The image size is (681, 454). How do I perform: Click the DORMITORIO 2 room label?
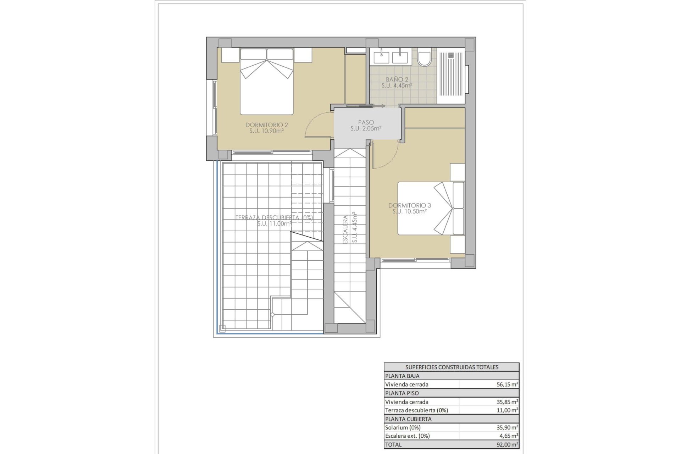[266, 128]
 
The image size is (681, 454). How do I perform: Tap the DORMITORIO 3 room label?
[409, 208]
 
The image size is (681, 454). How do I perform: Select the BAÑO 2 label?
[397, 82]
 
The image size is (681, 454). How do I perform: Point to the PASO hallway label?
[366, 126]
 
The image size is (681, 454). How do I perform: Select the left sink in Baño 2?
[381, 57]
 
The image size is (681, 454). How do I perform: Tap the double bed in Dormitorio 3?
[431, 209]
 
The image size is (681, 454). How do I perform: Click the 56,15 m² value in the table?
[507, 384]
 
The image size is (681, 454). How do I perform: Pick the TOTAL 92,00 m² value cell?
[507, 444]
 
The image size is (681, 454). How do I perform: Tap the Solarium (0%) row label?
[403, 427]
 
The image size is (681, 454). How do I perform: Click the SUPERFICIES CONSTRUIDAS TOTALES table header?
[452, 367]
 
